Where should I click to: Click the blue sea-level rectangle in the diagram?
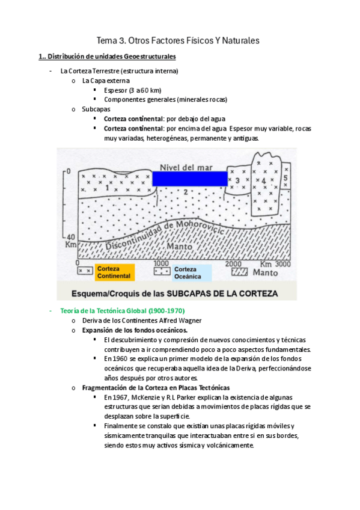pos(190,179)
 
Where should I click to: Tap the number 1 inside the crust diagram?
pos(107,188)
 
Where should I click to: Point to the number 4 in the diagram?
pos(262,181)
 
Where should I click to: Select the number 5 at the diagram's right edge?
pos(285,179)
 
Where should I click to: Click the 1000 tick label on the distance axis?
pos(161,263)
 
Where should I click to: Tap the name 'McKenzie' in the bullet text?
pos(155,398)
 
